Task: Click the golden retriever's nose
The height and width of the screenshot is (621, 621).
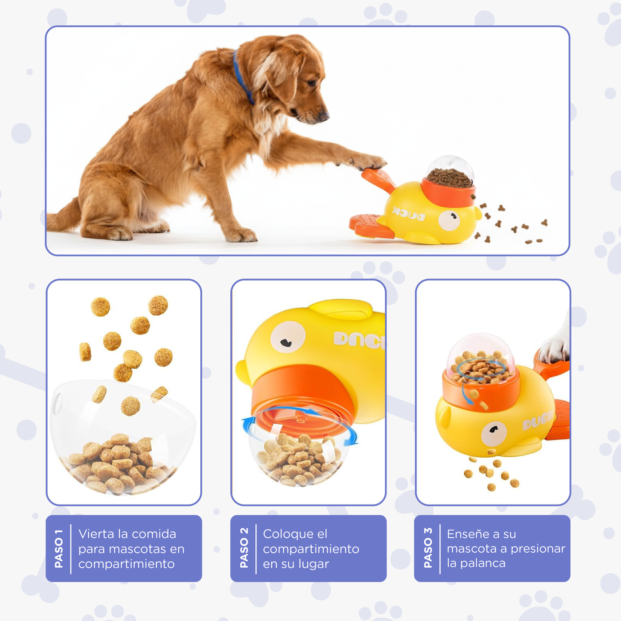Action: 325,116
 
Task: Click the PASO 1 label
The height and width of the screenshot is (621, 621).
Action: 59,548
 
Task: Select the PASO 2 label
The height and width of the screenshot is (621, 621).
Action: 244,548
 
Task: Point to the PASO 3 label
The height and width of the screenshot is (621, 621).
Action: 428,548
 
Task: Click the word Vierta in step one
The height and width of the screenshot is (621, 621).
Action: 97,534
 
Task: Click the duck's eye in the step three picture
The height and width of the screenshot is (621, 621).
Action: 493,432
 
